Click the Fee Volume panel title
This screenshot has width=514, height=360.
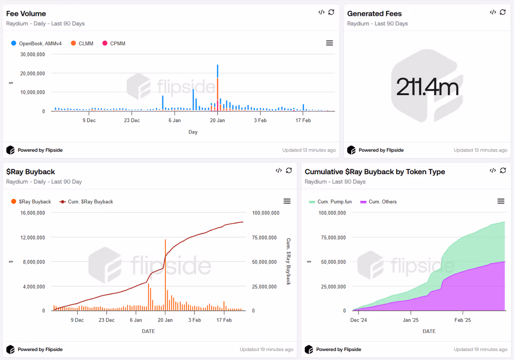[26, 14]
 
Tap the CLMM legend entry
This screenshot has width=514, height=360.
[82, 43]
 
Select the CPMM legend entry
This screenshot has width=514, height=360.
[114, 43]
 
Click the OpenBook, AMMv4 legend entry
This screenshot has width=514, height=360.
[36, 43]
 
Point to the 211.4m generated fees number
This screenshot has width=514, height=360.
[427, 87]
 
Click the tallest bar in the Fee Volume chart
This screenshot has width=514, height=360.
[218, 88]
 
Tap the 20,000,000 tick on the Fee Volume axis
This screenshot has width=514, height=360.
[33, 73]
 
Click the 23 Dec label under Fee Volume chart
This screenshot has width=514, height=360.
[132, 120]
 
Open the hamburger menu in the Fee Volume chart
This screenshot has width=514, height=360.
[329, 43]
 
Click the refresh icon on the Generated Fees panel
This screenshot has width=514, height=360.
[502, 12]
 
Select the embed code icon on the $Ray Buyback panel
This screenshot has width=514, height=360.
[278, 170]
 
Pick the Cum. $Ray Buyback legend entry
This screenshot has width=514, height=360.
[86, 202]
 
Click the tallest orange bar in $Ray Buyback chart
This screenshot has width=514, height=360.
[165, 275]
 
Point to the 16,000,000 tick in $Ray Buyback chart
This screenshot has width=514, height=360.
[33, 213]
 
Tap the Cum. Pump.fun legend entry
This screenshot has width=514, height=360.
[330, 202]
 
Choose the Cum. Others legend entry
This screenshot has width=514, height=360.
[378, 202]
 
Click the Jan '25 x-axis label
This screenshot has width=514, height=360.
[410, 320]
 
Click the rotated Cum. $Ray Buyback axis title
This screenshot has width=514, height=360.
[288, 262]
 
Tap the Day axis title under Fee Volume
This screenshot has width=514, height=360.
[193, 132]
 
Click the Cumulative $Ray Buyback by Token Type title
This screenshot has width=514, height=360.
[375, 172]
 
